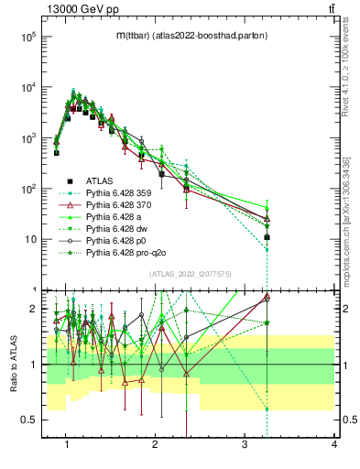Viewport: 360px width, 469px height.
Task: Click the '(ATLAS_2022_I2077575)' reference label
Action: pos(189,274)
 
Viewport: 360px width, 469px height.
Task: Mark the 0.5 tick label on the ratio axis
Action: pos(28,420)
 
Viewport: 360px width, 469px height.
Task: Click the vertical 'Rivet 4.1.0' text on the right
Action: pos(351,73)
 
